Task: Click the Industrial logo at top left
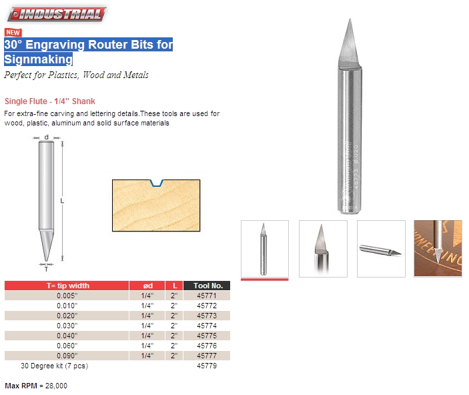[55, 14]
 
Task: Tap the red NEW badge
[13, 32]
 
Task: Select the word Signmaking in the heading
[38, 59]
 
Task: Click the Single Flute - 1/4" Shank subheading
[49, 101]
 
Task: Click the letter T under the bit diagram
[46, 269]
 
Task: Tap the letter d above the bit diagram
[46, 138]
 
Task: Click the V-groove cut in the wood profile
[157, 182]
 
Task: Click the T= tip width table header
[67, 286]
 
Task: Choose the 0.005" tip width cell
[67, 296]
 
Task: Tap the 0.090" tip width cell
[67, 356]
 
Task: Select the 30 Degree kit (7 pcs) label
[54, 366]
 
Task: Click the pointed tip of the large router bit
[349, 21]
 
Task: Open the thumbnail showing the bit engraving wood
[438, 248]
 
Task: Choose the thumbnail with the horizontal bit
[381, 248]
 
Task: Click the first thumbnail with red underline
[264, 248]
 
